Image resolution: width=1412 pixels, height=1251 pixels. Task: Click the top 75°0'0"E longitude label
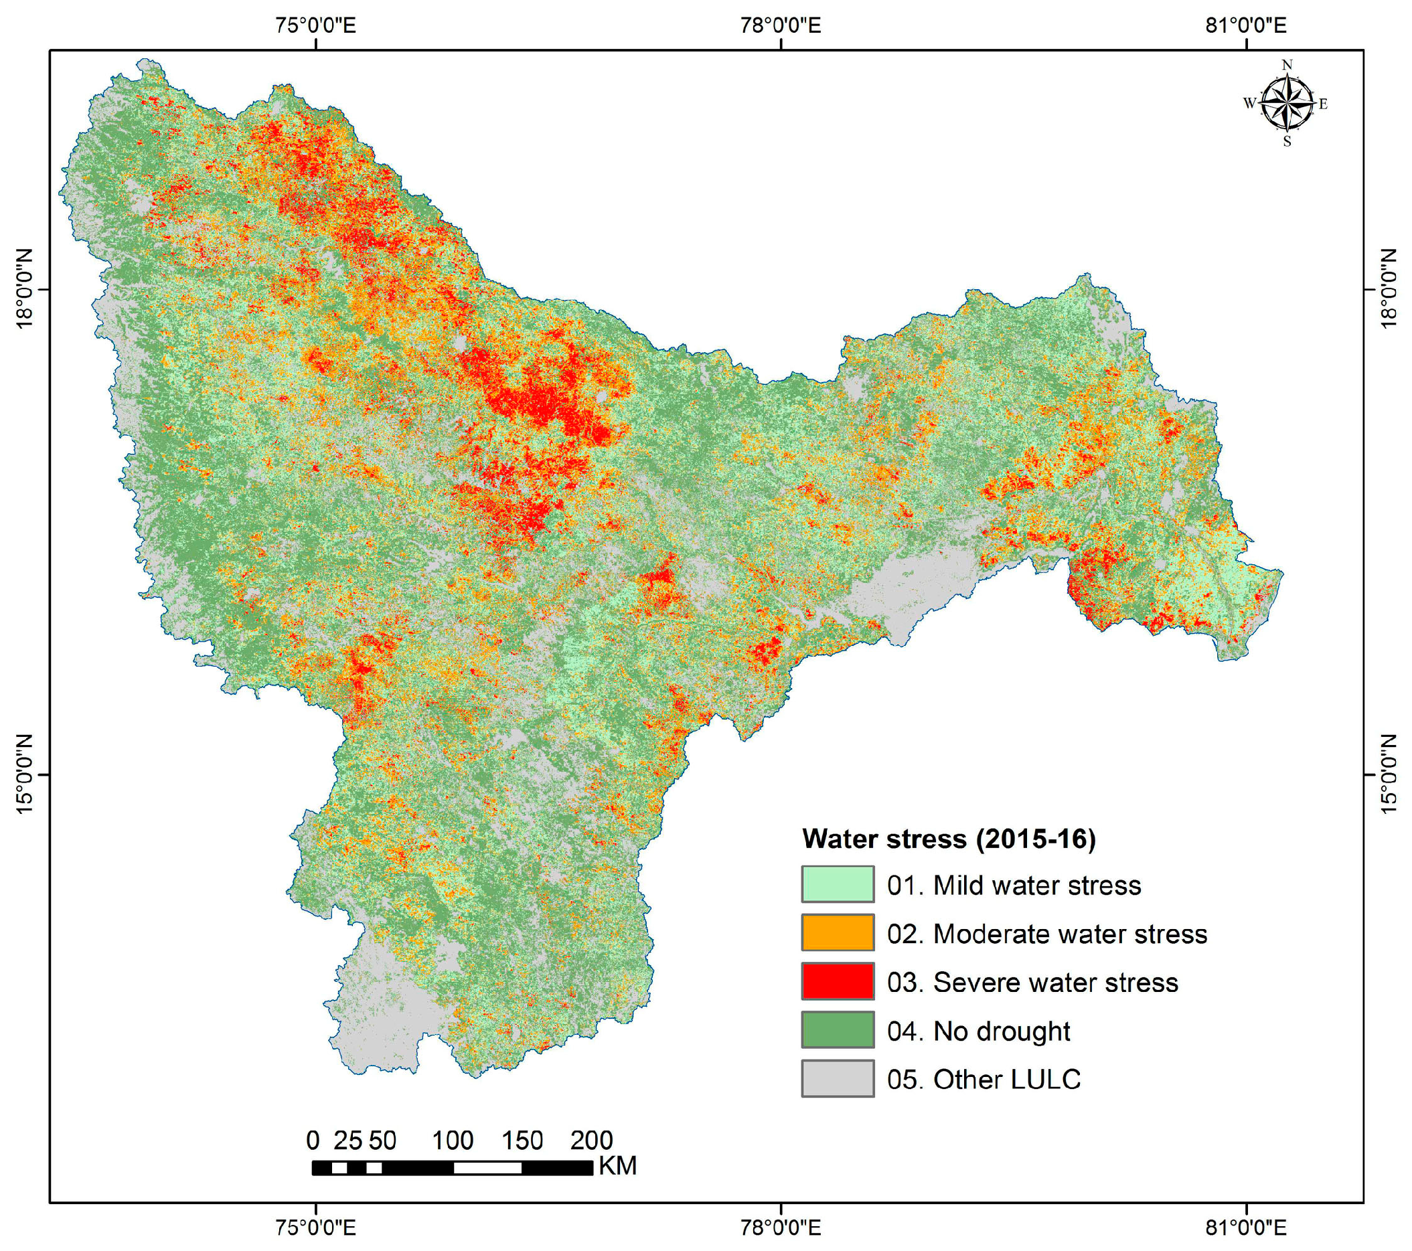tap(316, 25)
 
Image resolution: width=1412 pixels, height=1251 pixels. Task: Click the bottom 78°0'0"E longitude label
tap(781, 1227)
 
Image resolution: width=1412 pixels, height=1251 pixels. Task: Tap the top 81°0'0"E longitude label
tap(1246, 25)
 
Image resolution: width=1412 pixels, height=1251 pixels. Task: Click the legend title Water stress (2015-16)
tap(949, 839)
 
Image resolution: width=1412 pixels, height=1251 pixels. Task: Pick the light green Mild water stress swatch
tap(838, 884)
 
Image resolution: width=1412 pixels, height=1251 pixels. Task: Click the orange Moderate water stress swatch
tap(838, 932)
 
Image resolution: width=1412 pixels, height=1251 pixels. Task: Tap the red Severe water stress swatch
tap(838, 981)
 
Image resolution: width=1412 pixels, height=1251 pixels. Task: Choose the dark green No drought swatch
tap(838, 1030)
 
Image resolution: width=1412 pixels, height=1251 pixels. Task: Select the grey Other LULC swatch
tap(838, 1078)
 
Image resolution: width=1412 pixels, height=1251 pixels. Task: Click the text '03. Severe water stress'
tap(1032, 983)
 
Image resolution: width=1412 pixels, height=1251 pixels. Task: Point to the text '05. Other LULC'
tap(984, 1079)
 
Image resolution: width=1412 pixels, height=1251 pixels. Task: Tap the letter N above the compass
tap(1286, 66)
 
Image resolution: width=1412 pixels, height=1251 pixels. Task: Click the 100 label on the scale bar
tap(453, 1141)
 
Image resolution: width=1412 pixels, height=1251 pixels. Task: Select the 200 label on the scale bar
tap(591, 1141)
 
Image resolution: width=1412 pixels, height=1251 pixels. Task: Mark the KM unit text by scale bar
tap(617, 1166)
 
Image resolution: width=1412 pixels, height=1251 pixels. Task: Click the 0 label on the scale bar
tap(313, 1141)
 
